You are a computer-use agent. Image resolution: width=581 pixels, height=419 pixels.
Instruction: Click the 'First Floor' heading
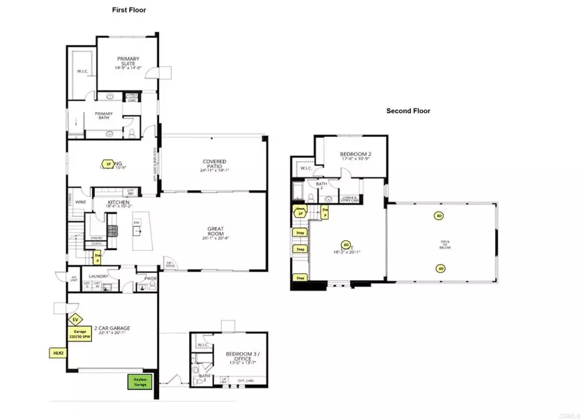[x=129, y=10]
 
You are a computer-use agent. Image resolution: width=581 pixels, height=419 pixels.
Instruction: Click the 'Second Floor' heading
[x=409, y=111]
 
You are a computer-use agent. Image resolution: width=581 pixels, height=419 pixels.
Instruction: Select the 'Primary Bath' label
[x=104, y=115]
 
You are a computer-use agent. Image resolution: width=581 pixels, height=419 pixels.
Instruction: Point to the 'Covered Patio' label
[x=213, y=165]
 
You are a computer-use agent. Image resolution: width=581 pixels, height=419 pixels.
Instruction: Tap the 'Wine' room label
[x=80, y=203]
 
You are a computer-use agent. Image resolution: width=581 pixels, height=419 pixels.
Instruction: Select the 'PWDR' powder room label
[x=150, y=278]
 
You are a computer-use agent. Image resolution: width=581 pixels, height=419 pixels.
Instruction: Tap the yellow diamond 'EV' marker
[x=75, y=318]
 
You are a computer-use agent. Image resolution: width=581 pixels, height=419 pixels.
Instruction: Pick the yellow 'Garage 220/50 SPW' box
[x=80, y=335]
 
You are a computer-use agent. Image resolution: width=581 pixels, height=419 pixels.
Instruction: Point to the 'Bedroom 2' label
[x=354, y=156]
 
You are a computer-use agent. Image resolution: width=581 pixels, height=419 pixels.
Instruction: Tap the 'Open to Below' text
[x=444, y=244]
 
